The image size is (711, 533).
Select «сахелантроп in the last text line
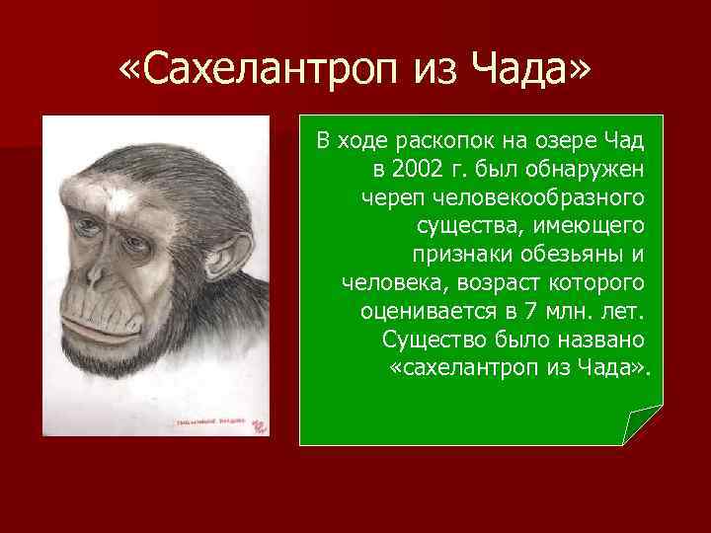[x=455, y=369]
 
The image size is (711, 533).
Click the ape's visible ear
[x=233, y=249]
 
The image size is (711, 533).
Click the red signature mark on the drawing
[x=259, y=425]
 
